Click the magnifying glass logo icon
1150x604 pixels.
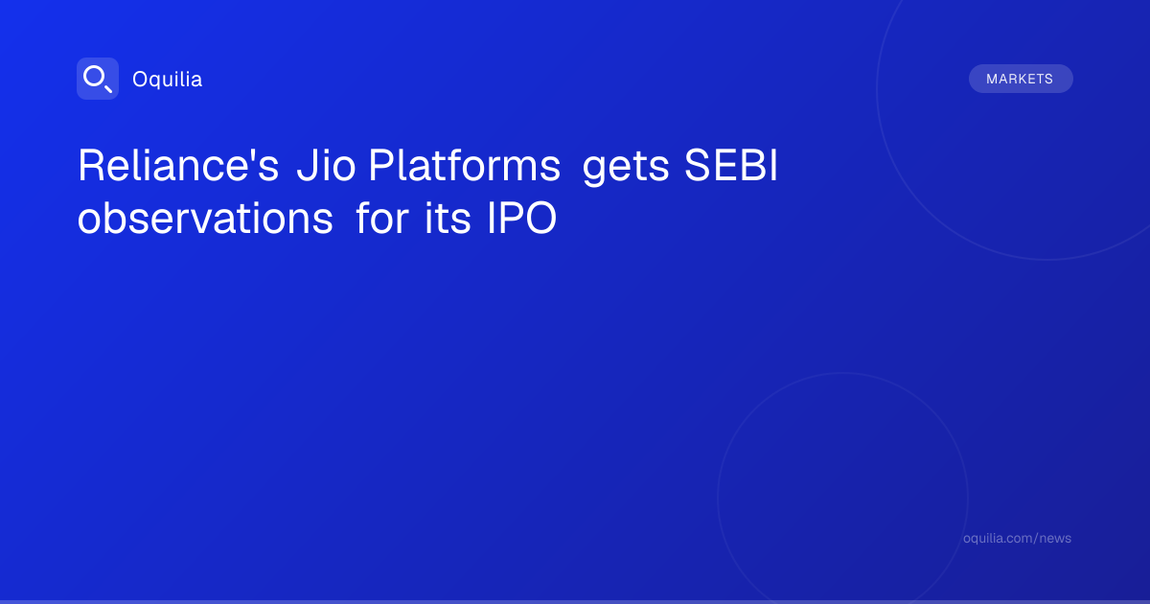click(98, 79)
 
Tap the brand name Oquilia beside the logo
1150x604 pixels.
click(168, 79)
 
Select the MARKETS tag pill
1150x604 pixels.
click(1021, 79)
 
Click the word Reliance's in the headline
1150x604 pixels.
click(178, 165)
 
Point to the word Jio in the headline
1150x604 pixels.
click(326, 165)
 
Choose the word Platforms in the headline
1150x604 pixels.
click(465, 165)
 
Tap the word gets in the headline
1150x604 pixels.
click(626, 168)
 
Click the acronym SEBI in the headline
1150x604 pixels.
click(731, 165)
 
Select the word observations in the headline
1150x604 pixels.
click(205, 218)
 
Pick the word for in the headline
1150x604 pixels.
click(382, 218)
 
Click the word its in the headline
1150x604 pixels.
click(448, 218)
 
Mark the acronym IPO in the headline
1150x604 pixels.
click(521, 218)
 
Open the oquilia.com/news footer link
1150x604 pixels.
click(1017, 538)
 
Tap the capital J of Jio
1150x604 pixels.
click(307, 165)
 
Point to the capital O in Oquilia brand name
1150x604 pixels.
click(140, 79)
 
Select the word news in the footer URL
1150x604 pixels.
click(1058, 539)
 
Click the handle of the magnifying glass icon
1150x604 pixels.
click(108, 88)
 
